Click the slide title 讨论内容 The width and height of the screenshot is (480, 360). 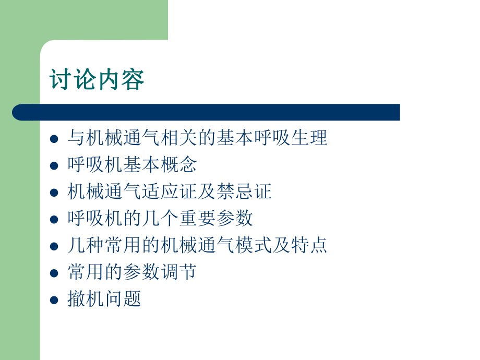97,79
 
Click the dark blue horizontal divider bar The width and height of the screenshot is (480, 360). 206,112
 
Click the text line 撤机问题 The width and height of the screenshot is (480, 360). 104,299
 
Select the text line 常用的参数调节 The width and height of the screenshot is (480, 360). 132,272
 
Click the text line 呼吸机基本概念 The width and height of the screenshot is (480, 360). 132,165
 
